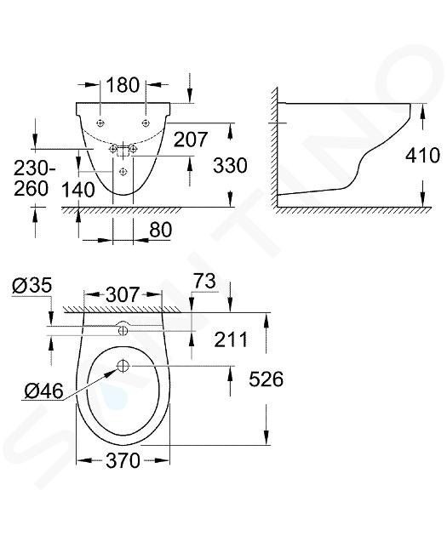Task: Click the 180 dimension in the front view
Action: click(123, 85)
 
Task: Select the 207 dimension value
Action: click(191, 140)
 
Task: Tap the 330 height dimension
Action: click(230, 165)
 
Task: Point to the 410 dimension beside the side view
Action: click(422, 156)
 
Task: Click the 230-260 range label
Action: click(35, 179)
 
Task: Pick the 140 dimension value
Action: click(78, 190)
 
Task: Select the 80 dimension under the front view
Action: click(160, 230)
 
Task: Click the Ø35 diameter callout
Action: click(32, 285)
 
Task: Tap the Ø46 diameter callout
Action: click(44, 391)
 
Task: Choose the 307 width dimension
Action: click(123, 294)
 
